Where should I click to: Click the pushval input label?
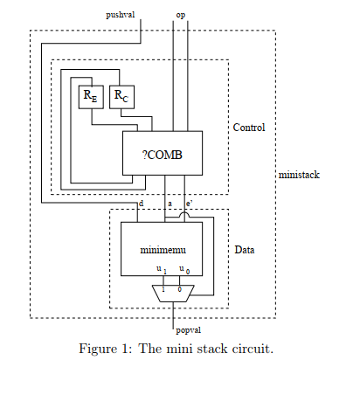pos(120,15)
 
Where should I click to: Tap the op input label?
pos(181,15)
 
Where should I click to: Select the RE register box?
pos(91,97)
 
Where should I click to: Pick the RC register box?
pos(121,97)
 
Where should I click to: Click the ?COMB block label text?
pos(163,155)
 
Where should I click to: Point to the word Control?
pos(249,128)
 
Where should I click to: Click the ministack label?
pos(299,175)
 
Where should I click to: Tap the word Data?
pos(245,250)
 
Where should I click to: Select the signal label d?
pos(141,204)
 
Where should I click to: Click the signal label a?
pos(170,204)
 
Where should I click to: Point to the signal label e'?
pos(190,204)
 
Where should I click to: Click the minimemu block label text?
pos(163,250)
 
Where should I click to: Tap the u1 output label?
pos(162,270)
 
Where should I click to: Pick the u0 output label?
pos(184,270)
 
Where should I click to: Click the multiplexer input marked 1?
pos(163,289)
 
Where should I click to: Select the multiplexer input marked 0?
pos(180,289)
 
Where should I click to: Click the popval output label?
pos(188,330)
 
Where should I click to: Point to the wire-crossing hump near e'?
pos(184,215)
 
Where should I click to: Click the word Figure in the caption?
pos(98,349)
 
